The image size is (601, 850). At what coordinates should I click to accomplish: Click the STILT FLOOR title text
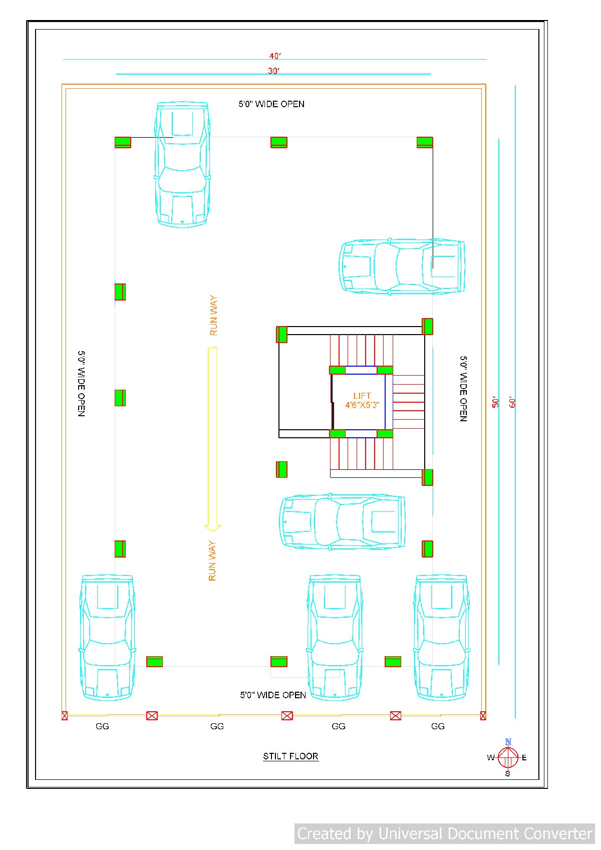290,756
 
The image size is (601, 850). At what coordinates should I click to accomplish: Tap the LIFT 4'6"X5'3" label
362,400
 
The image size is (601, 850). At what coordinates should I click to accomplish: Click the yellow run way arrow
212,439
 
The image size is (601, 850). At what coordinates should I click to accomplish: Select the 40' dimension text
275,56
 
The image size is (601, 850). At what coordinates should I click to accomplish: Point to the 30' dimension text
273,71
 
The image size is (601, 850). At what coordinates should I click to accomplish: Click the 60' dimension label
512,402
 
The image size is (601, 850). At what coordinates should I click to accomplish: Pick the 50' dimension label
495,402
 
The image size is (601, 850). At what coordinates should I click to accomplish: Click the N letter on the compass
508,741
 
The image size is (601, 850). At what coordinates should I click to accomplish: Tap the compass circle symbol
508,757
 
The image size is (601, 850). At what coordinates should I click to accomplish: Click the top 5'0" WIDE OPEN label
271,104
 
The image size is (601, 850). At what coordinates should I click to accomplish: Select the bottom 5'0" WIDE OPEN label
273,695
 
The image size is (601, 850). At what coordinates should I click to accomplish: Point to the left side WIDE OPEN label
81,384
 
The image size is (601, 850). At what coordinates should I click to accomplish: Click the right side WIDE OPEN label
463,389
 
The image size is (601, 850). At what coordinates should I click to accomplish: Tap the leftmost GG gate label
102,726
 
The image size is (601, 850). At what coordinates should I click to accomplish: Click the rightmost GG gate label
438,726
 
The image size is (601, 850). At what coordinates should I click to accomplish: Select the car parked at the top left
182,164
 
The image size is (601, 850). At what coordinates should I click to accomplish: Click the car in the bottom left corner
107,638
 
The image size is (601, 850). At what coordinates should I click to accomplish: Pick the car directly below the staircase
342,522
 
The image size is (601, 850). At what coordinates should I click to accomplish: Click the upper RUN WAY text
214,316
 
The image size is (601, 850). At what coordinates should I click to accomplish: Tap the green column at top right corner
425,142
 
